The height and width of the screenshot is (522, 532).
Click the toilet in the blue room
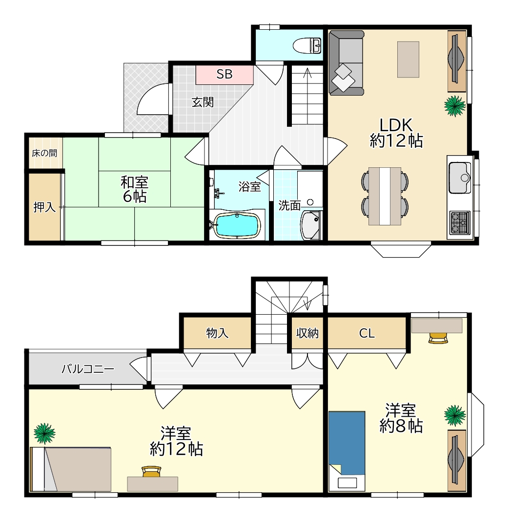tap(307, 46)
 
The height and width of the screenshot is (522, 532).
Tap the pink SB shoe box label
tap(225, 74)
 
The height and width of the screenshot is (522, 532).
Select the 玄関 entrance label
tap(203, 102)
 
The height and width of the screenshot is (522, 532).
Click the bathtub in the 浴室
tap(237, 224)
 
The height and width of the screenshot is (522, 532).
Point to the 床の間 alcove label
tap(44, 153)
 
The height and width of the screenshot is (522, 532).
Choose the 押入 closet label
tap(44, 207)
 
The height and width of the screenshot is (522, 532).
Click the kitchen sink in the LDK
tap(460, 178)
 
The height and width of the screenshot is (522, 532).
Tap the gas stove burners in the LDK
tap(460, 222)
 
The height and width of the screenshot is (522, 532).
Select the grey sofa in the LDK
tap(347, 63)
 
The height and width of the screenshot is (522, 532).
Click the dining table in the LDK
tap(385, 196)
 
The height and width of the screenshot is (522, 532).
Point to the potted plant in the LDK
tap(455, 106)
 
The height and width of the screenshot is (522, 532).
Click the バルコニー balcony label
tap(88, 369)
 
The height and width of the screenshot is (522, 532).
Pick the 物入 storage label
tap(217, 333)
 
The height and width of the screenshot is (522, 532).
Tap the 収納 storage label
tap(307, 333)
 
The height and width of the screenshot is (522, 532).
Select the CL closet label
tap(367, 333)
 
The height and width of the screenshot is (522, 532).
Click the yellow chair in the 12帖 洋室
tap(151, 471)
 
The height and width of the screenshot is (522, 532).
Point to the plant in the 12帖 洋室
tap(44, 433)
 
